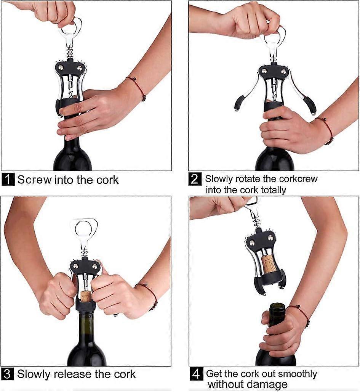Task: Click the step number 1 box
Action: (8, 179)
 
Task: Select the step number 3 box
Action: (8, 374)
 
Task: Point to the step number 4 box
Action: (196, 374)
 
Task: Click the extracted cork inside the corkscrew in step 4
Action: (269, 264)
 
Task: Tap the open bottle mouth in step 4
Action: (277, 306)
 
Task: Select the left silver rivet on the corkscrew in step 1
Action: (60, 67)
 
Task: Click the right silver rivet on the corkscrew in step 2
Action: (284, 71)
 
